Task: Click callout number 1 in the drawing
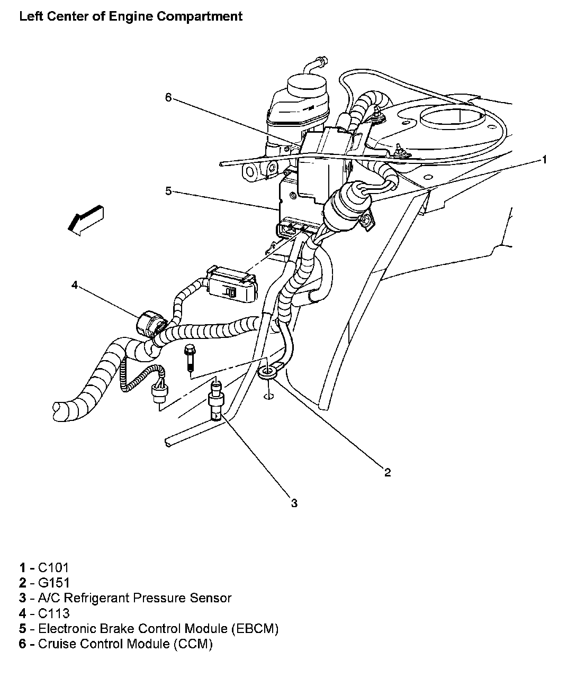[544, 160]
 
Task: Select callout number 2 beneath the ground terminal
[388, 473]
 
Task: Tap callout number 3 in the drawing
[294, 503]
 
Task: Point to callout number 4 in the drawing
[75, 285]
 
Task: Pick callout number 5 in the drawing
[168, 191]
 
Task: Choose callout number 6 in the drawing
[168, 97]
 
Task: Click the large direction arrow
[86, 221]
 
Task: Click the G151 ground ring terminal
[266, 372]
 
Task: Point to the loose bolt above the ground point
[190, 357]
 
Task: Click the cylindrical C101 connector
[346, 208]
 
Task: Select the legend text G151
[54, 582]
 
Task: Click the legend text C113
[54, 613]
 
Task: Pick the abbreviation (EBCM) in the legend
[255, 628]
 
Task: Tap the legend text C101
[53, 567]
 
